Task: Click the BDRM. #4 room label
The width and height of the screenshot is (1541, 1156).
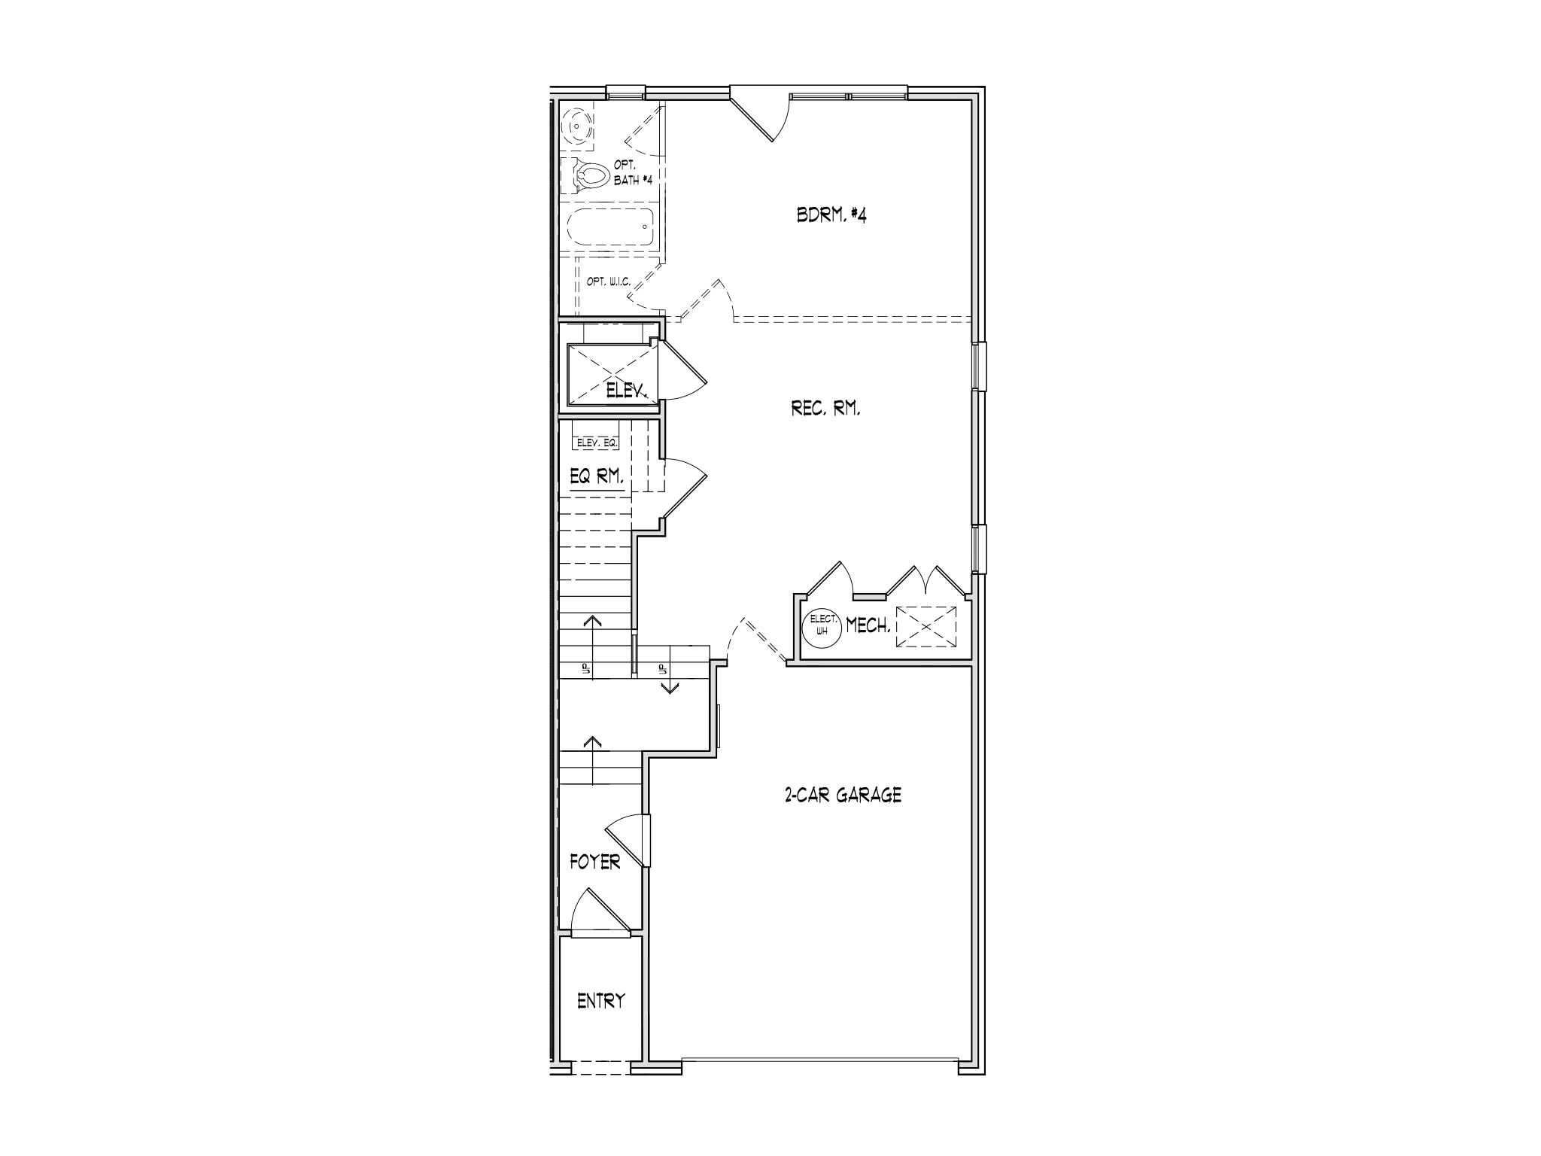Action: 831,215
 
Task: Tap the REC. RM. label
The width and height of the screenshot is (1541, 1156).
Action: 825,409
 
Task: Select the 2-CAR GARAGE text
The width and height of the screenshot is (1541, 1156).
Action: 843,795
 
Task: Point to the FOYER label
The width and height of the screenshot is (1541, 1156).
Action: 594,862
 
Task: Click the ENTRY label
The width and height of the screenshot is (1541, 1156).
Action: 600,1001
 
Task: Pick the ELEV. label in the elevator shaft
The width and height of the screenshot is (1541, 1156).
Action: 628,391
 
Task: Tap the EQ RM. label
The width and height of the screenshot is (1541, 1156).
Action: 597,476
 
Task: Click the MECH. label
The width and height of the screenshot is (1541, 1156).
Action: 868,625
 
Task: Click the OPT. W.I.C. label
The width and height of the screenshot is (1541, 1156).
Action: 608,282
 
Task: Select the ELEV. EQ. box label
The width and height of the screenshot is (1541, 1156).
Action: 597,443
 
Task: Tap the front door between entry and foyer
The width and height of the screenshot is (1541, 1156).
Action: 600,914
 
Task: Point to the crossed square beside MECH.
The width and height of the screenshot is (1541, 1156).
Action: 926,626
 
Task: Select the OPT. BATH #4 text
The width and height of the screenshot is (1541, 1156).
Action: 627,174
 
